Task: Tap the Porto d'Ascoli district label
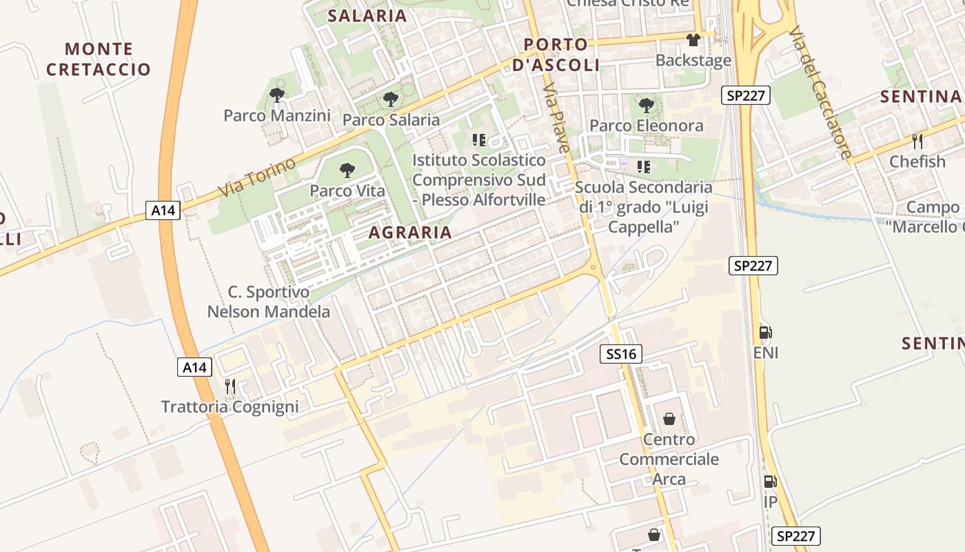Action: point(556,55)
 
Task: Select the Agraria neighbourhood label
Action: point(410,233)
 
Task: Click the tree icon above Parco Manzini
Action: point(277,95)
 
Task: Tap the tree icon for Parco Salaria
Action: point(391,99)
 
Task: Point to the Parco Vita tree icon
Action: point(347,170)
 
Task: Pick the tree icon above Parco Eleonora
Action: point(646,106)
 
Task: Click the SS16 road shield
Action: point(620,355)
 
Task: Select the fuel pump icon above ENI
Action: point(765,333)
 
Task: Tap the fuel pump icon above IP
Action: point(770,482)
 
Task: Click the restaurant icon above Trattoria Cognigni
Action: point(230,386)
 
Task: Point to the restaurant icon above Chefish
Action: point(917,141)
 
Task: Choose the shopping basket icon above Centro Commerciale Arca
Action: point(669,419)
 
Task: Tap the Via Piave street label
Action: point(557,119)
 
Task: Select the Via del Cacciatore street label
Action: point(820,92)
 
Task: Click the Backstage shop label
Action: point(693,61)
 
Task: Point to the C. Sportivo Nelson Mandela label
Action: point(269,302)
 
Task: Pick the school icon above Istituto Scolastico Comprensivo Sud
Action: point(479,140)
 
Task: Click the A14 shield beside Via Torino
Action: point(163,210)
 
